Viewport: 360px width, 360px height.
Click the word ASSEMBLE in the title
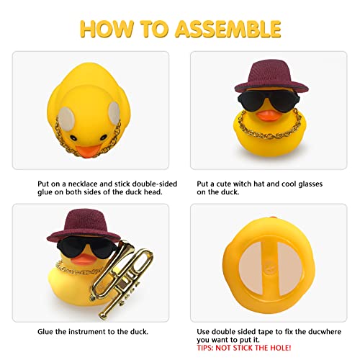228,29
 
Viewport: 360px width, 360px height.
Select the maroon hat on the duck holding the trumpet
84,225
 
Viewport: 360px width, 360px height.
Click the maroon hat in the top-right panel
271,76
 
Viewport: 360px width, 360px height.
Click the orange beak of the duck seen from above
89,151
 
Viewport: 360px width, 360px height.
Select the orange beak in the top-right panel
269,116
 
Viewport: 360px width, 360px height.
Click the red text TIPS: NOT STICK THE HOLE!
244,348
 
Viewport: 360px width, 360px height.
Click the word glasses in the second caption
310,184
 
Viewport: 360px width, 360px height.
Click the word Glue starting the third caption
45,332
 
